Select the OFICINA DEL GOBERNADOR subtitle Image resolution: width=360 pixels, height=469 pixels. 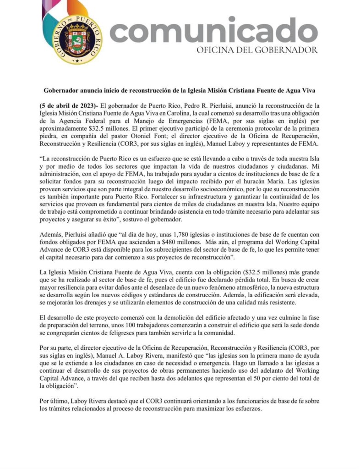pyautogui.click(x=257, y=50)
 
